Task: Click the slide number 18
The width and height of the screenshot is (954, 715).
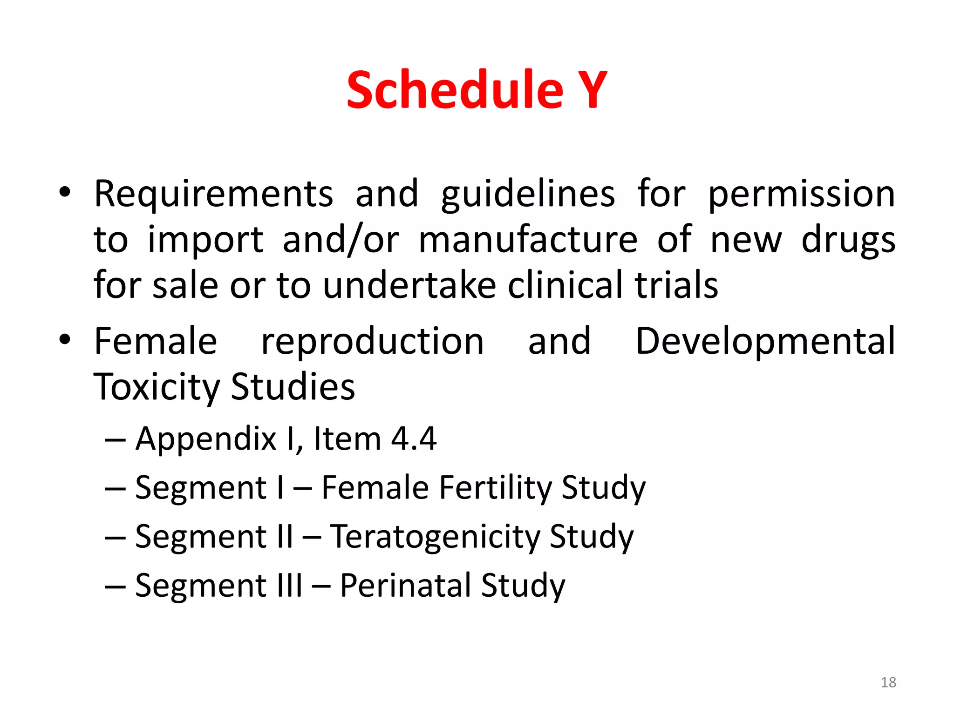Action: [x=888, y=682]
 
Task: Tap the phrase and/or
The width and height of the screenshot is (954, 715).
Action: [x=341, y=240]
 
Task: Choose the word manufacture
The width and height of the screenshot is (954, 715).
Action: [x=528, y=240]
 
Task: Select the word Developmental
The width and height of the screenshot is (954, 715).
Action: [x=765, y=341]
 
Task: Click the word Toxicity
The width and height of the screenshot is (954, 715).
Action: [x=157, y=387]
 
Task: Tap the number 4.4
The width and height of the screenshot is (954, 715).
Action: [x=413, y=439]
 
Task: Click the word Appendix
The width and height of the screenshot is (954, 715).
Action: [x=206, y=439]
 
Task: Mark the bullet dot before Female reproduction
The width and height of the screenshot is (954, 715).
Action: [x=65, y=340]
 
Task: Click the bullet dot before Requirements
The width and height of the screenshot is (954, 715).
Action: [x=65, y=192]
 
